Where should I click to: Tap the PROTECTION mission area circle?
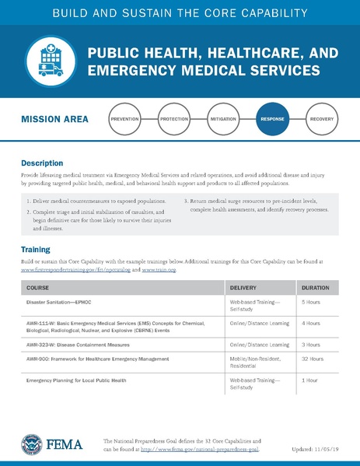coord(174,120)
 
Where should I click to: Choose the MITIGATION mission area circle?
coord(223,120)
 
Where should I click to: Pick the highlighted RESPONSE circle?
coord(272,120)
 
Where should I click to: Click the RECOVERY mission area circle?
coord(321,120)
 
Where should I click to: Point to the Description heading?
coord(42,164)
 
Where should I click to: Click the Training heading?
coord(36,249)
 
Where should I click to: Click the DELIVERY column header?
coord(243,287)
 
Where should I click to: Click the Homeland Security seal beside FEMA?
coord(32,444)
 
